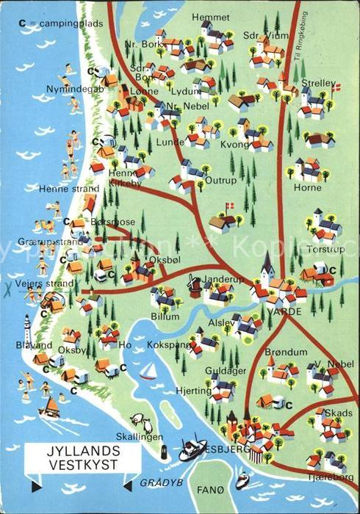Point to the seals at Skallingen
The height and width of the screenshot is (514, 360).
pyautogui.click(x=141, y=423)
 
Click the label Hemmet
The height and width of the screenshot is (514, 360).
pyautogui.click(x=210, y=17)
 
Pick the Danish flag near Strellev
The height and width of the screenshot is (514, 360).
pyautogui.click(x=336, y=88)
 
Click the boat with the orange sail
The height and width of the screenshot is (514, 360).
pyautogui.click(x=49, y=406)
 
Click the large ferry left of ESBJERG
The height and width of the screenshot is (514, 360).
pyautogui.click(x=192, y=447)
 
